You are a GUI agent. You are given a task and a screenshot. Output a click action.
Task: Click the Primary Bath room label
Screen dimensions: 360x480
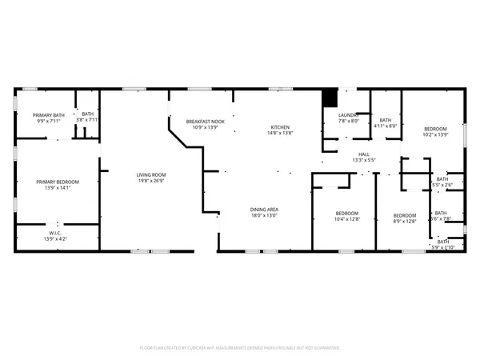coord(48,115)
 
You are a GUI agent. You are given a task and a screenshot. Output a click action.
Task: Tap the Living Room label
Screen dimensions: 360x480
coord(150,174)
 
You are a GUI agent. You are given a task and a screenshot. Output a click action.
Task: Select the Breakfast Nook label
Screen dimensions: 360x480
coord(202,122)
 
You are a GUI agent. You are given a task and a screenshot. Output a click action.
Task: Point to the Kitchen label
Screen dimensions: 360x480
coord(279,127)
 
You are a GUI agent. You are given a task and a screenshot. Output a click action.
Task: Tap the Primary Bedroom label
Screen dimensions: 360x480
coord(57,182)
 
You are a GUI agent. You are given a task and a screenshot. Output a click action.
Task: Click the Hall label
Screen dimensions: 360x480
coord(364,154)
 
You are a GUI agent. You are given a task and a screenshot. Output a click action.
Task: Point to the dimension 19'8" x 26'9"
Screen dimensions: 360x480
coord(150,181)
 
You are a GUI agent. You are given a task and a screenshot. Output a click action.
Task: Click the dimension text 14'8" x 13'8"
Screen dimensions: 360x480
coord(279,134)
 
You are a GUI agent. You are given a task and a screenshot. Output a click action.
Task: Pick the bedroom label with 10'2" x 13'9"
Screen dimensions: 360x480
coord(435,129)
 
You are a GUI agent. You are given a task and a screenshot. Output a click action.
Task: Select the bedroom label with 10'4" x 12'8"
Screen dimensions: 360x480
coord(347,214)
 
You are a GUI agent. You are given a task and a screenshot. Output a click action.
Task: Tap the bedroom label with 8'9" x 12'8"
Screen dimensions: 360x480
coord(404,214)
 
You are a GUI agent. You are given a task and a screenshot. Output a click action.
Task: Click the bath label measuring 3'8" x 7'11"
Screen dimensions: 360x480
coord(87,114)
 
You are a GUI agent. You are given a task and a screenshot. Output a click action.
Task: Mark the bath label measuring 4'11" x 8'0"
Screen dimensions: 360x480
coord(386,119)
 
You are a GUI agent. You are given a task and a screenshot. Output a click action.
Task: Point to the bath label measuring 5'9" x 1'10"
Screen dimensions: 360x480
coord(442,241)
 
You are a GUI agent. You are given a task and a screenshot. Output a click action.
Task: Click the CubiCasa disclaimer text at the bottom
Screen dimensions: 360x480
coord(240,348)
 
